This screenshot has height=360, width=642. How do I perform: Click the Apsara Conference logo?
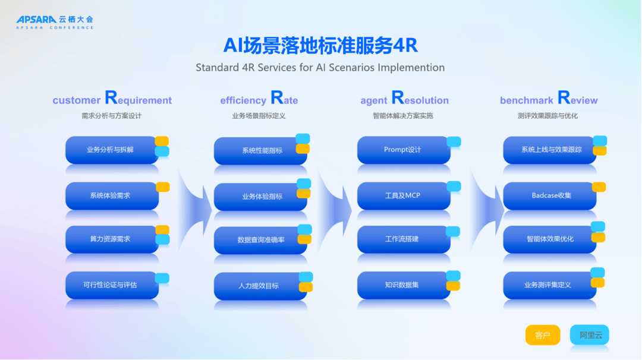55,22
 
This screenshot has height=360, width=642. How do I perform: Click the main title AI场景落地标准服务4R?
320,45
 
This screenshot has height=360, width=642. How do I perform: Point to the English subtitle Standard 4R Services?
320,68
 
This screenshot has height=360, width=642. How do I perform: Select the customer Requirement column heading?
112,99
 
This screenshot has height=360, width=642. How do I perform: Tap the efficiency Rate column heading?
259,99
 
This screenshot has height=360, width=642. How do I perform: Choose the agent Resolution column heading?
404,99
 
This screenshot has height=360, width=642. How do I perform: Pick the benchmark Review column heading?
549,99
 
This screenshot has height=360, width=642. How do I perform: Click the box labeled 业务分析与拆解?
112,150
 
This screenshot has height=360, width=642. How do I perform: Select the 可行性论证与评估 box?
112,285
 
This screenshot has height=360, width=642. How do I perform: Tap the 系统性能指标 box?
260,150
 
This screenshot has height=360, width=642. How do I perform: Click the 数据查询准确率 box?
260,240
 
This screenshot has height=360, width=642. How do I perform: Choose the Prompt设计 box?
404,150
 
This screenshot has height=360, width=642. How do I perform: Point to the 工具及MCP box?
404,195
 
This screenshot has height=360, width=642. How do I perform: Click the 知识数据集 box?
404,285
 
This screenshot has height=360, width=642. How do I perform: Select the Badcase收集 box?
549,195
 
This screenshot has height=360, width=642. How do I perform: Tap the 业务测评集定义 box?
549,285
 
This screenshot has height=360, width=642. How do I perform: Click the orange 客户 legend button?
543,335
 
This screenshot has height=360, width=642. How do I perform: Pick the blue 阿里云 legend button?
590,335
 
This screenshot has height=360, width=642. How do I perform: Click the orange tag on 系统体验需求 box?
163,187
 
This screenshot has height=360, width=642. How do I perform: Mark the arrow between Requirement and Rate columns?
194,210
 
